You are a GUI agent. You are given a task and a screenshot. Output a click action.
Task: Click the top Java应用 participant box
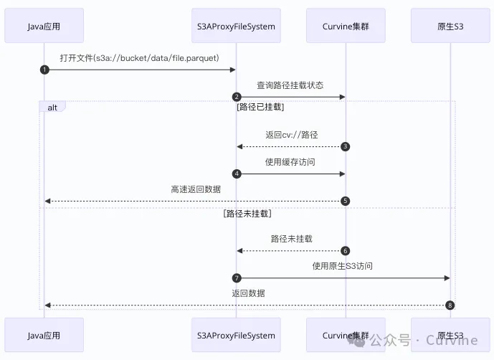coord(44,27)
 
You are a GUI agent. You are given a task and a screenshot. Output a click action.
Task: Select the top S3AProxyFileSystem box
coord(237,27)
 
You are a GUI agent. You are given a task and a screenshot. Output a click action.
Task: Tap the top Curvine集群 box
coord(345,27)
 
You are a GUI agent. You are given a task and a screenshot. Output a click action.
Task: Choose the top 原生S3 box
coord(450,27)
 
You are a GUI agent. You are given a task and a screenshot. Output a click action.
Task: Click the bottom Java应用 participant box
coord(44,336)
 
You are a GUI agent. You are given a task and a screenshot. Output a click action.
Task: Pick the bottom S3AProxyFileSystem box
coord(237,336)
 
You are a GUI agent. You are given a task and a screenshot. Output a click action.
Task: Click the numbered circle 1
coord(44,70)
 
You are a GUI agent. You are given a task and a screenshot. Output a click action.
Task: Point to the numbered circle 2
coord(236,97)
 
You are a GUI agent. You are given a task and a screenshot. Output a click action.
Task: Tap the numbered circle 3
coord(345,147)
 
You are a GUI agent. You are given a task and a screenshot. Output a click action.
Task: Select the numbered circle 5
coord(345,201)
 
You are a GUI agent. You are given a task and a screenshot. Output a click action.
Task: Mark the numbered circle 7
coord(236,278)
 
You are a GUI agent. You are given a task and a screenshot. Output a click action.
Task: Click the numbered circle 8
coord(450,305)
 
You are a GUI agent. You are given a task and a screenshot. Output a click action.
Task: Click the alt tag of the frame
coord(52,107)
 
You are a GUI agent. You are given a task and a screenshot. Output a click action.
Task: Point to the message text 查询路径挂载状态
coord(290,85)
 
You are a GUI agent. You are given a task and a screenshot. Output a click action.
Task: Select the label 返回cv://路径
coord(291,135)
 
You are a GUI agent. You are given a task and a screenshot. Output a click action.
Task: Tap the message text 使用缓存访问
coord(290,162)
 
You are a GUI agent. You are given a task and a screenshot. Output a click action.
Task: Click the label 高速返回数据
coord(196,189)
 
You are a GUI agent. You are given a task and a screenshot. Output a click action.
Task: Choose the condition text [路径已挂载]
coord(260,108)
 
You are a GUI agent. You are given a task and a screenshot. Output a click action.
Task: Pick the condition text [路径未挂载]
coord(247,214)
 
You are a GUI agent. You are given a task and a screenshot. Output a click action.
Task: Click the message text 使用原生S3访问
coord(343,266)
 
